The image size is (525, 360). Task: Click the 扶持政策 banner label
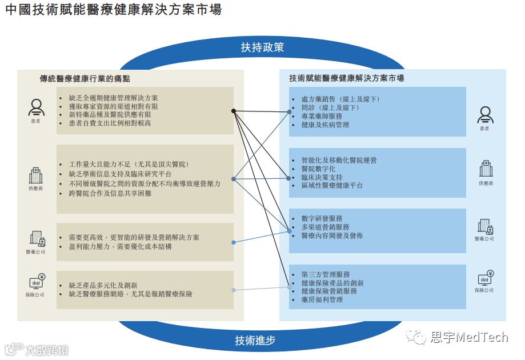coord(262,47)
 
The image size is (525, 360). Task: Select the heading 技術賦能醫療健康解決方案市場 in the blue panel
coord(347,78)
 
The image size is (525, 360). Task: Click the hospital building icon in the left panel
coord(35,175)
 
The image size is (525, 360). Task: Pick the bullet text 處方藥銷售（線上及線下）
coord(340,99)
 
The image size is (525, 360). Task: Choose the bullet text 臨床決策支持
coord(322,177)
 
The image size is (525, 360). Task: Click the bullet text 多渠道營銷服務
coord(325,227)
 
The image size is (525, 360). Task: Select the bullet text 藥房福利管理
coord(322,299)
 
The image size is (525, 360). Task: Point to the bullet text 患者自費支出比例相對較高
coord(110,123)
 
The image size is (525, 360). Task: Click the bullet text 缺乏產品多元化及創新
coord(103,285)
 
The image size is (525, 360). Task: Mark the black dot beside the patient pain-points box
coord(234,110)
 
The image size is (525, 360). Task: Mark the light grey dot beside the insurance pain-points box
coord(234,290)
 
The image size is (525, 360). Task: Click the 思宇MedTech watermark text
coord(468,337)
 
